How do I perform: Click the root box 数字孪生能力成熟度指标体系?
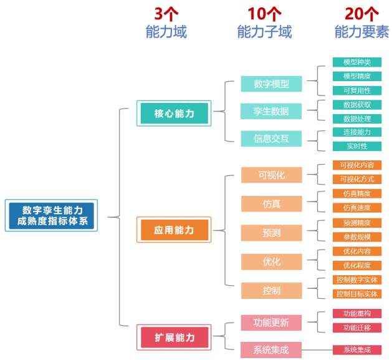tap(51, 216)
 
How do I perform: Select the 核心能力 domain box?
tap(174, 114)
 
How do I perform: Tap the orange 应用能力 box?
tap(174, 230)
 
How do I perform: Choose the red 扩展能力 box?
tap(174, 338)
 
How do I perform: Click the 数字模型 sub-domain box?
tap(271, 84)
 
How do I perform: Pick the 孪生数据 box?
tap(271, 111)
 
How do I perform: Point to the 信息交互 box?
tap(271, 138)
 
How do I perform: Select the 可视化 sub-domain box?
tap(271, 175)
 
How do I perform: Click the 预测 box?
tap(271, 233)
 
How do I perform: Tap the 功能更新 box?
tap(271, 323)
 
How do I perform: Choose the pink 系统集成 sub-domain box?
tap(271, 349)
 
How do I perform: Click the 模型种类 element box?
tap(356, 62)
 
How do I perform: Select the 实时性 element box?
tap(356, 146)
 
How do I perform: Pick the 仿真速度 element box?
tap(356, 208)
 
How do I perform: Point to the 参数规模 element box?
tap(356, 237)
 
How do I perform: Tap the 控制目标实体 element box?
tap(356, 294)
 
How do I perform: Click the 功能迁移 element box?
tap(356, 328)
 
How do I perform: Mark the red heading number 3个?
tap(166, 13)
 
